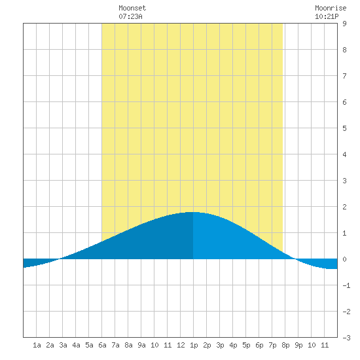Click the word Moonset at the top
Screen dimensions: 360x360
coord(132,8)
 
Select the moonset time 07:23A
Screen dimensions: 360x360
coord(130,16)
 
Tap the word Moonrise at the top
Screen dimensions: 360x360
coord(331,8)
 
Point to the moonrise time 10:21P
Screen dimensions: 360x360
coord(327,16)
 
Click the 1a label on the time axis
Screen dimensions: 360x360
coord(37,345)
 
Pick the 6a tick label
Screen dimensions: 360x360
coord(102,345)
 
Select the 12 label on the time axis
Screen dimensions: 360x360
coord(181,345)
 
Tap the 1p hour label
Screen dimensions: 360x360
coord(194,345)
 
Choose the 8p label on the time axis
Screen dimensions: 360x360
coord(285,345)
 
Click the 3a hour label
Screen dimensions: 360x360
coord(63,345)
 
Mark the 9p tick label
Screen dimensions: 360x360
coord(298,345)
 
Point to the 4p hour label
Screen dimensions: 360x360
coord(233,345)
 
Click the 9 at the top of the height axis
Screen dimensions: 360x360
coord(344,24)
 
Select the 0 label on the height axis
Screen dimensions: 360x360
coord(344,259)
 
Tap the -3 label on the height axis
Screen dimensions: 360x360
coord(346,338)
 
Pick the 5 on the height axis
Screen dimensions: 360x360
coord(344,128)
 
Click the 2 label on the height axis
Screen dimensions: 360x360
coord(344,207)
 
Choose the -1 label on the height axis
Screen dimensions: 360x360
coord(346,285)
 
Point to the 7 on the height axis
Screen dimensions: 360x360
coord(344,76)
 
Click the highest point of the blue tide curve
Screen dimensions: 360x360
coord(193,212)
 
